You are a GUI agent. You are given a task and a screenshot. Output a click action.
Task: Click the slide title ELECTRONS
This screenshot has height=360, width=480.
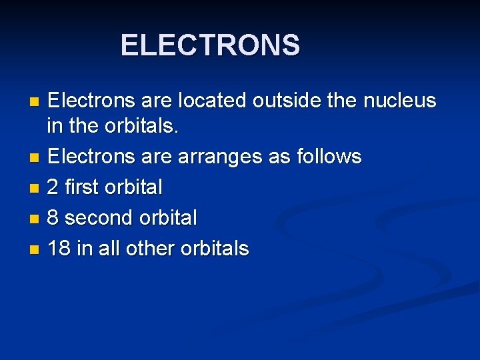(x=210, y=45)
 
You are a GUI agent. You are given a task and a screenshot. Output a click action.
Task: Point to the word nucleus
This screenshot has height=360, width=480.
(x=399, y=101)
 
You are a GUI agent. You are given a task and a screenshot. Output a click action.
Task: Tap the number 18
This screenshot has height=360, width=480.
(x=60, y=249)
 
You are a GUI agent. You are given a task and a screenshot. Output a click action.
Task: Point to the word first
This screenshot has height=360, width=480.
(x=83, y=188)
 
